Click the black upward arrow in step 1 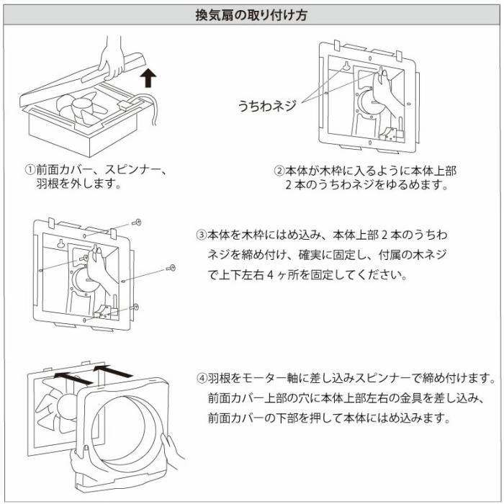147,77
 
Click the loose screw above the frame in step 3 137,222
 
